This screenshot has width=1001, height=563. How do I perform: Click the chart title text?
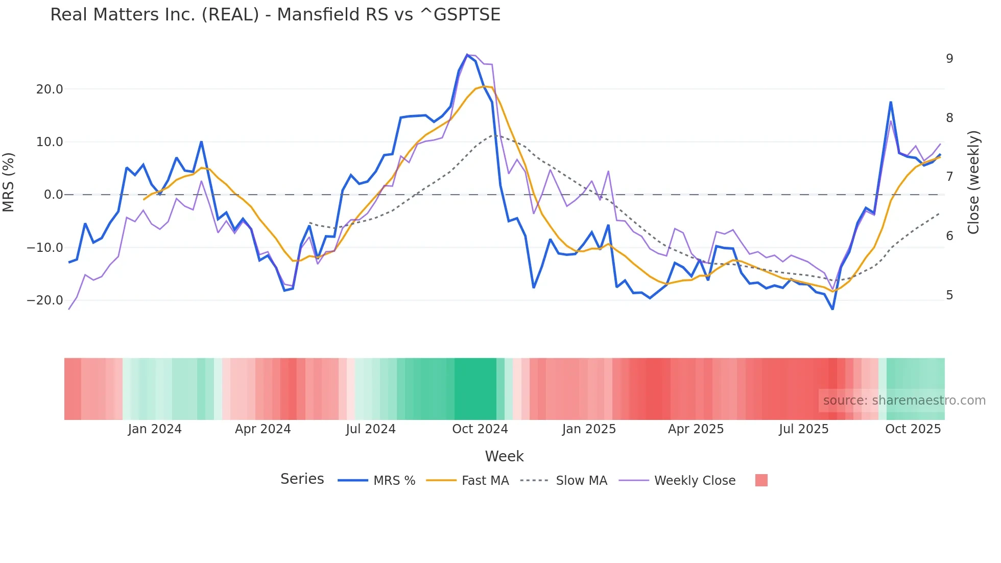click(x=275, y=15)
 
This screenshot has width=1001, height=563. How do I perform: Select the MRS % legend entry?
click(x=394, y=481)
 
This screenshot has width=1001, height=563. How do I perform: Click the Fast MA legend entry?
click(x=485, y=481)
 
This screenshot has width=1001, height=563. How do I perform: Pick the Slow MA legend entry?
click(x=581, y=481)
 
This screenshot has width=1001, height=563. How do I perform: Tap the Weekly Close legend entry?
click(x=695, y=481)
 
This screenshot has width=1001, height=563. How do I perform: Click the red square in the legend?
click(x=761, y=480)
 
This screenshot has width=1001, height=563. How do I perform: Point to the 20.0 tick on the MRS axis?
click(x=50, y=89)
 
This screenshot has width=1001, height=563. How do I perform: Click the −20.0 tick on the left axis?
click(x=45, y=300)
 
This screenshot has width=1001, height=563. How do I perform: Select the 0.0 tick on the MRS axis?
click(x=53, y=195)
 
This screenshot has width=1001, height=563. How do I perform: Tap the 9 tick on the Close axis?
click(x=949, y=59)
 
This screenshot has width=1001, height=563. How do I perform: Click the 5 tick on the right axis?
click(x=949, y=295)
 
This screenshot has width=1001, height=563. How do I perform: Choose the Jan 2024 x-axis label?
click(x=155, y=429)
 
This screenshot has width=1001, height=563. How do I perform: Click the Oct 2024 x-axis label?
click(x=480, y=429)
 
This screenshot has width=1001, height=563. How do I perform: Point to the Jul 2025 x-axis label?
click(x=803, y=429)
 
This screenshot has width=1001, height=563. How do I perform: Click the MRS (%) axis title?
click(x=9, y=182)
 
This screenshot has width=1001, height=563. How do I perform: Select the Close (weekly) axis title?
click(x=973, y=182)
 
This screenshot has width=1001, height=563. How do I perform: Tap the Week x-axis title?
click(x=504, y=456)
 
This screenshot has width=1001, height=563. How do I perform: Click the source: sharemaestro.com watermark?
click(x=904, y=401)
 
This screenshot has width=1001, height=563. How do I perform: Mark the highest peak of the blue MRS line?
click(x=467, y=55)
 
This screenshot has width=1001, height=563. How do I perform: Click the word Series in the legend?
click(x=302, y=479)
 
